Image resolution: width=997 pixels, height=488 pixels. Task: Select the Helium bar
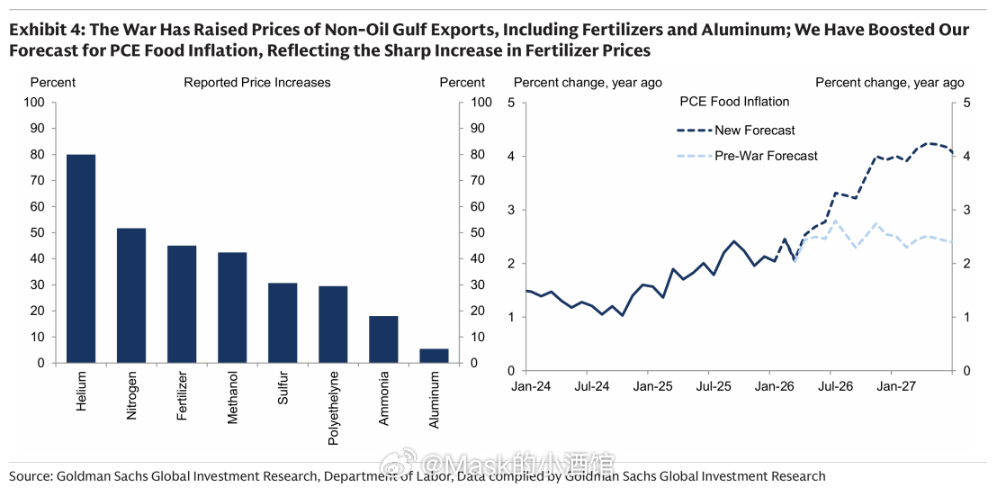[81, 258]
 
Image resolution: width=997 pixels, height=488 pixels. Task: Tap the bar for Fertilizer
[182, 304]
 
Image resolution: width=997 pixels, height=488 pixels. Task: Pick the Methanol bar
[232, 307]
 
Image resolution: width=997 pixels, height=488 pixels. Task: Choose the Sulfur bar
[283, 322]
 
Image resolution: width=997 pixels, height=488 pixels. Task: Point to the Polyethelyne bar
[333, 324]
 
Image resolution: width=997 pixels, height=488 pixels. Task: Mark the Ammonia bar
[383, 339]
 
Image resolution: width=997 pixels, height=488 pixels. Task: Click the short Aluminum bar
[434, 356]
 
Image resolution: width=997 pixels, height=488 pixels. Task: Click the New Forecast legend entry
[754, 131]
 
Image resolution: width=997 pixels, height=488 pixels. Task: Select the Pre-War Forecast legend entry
[766, 156]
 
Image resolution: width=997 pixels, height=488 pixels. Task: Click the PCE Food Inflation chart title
[734, 102]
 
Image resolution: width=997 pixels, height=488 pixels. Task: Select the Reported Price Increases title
[257, 83]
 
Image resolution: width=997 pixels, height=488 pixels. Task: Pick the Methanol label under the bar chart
[233, 397]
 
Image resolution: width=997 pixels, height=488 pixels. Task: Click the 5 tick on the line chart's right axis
[967, 103]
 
